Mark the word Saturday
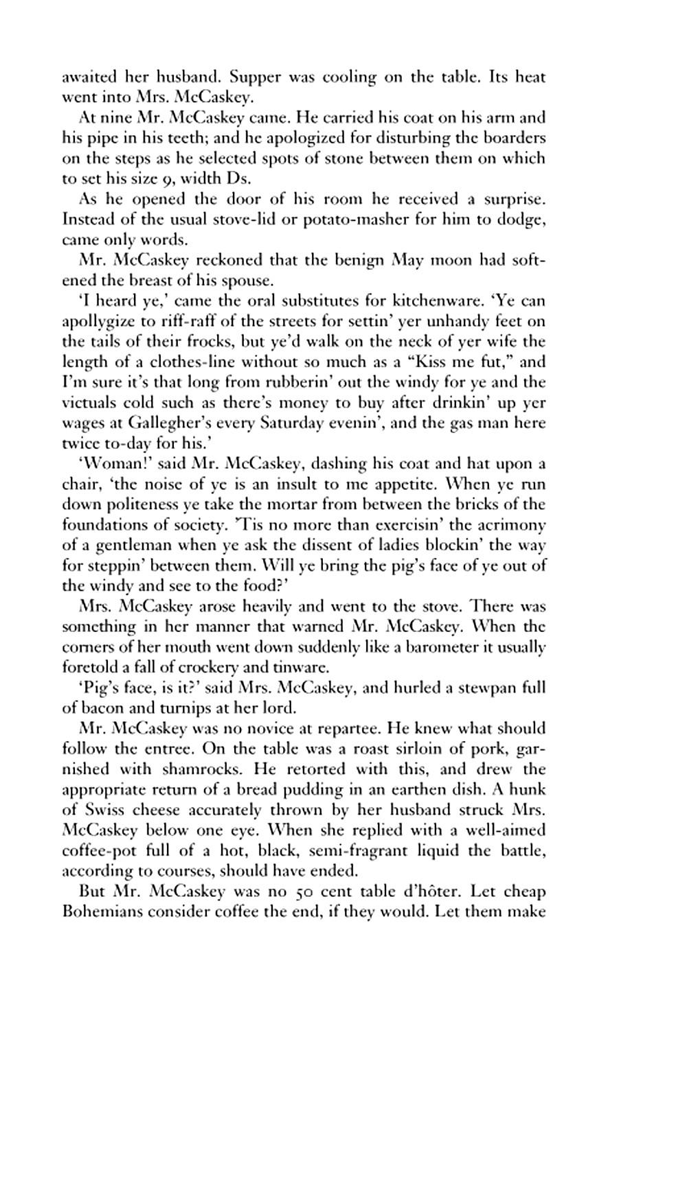coord(293,423)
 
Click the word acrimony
coord(512,525)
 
